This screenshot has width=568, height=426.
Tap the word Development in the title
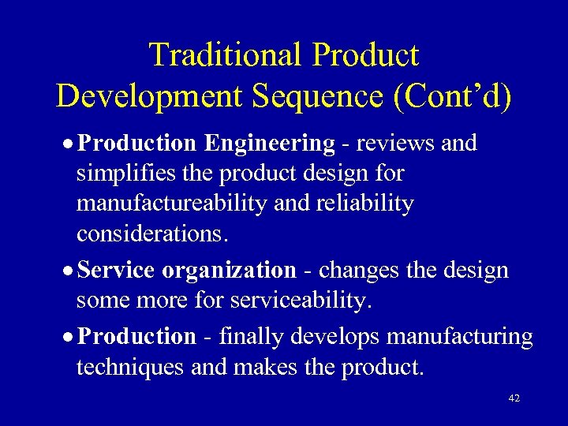(x=148, y=95)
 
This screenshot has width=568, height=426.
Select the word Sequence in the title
(x=319, y=95)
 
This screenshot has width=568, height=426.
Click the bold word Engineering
(x=269, y=143)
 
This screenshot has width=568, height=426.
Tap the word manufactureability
(x=173, y=204)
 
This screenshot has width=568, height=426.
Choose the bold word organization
(x=229, y=270)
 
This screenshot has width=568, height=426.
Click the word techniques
(x=130, y=367)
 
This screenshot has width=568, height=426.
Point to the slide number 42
(x=514, y=399)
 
